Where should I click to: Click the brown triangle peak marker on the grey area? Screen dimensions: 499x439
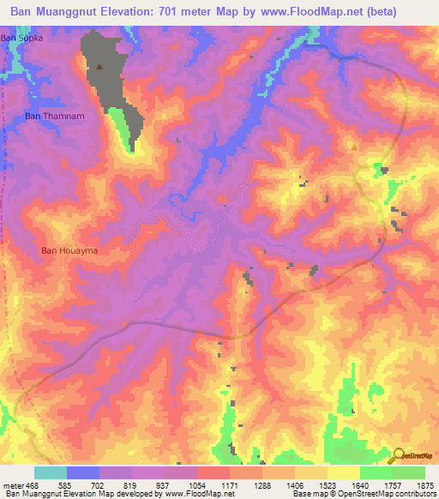tap(100, 66)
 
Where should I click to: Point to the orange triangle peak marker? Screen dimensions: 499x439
tap(353, 147)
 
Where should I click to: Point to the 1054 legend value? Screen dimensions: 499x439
tap(196, 485)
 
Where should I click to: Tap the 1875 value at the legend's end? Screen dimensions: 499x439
tap(426, 485)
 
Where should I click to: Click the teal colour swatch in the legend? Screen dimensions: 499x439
tap(51, 472)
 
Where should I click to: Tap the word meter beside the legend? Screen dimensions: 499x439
tap(10, 485)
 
